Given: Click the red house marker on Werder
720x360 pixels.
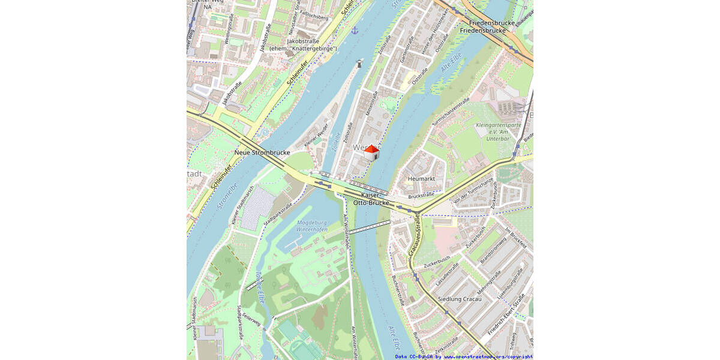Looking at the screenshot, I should (372, 153).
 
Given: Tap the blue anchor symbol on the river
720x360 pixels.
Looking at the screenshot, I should (355, 29).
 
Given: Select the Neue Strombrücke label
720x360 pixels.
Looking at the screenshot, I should (262, 152).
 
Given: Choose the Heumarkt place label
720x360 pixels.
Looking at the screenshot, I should (421, 179).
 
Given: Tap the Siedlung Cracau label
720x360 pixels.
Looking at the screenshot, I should (460, 299).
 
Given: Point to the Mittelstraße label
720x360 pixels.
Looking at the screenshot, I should (370, 103).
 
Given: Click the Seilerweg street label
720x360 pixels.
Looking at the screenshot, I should (252, 322).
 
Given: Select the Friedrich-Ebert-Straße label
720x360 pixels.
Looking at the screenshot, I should (507, 314).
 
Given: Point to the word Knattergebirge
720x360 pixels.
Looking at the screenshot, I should (312, 48).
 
